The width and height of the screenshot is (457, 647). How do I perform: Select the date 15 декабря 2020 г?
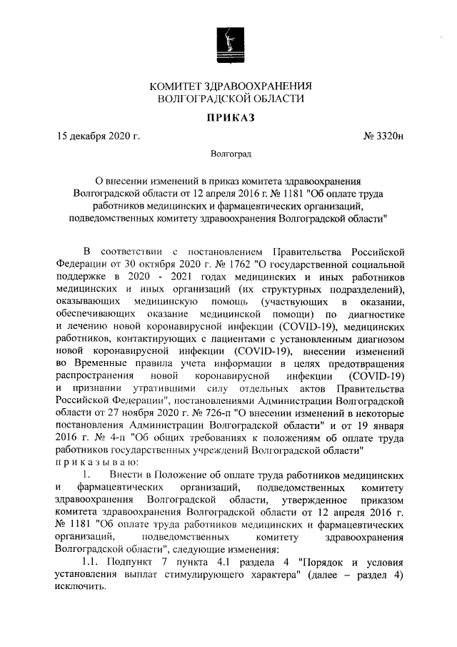98,135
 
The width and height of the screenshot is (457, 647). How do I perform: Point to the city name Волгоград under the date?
229,154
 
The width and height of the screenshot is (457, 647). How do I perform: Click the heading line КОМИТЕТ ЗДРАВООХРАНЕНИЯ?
228,86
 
